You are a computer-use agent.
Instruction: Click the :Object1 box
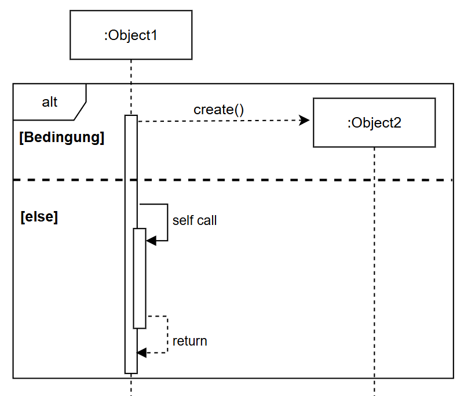(131, 35)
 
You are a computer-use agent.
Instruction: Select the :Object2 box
(374, 122)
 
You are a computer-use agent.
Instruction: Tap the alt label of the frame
(50, 102)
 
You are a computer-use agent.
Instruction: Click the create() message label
(219, 110)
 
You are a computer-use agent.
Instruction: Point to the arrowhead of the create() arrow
(305, 121)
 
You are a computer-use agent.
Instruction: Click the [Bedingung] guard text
(61, 138)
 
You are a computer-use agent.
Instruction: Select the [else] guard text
(39, 217)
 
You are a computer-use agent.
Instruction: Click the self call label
(195, 220)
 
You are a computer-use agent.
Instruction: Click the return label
(189, 341)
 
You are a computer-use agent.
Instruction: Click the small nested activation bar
(140, 278)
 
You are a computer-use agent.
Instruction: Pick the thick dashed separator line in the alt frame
(290, 180)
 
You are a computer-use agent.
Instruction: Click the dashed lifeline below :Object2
(374, 261)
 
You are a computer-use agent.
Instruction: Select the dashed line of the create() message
(220, 121)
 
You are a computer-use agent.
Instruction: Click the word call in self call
(207, 220)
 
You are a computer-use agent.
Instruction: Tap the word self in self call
(182, 220)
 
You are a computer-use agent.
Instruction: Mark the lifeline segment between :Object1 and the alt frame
(131, 71)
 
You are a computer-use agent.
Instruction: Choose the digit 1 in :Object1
(154, 35)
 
